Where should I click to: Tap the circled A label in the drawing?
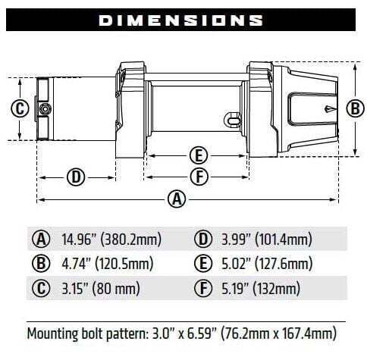[x=177, y=199]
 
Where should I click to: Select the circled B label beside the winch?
[x=353, y=108]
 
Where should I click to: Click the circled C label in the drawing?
[x=20, y=108]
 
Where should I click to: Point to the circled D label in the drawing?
[x=75, y=177]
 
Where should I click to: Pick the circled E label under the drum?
[x=197, y=155]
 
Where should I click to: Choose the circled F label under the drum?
[x=197, y=177]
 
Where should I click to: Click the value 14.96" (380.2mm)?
[x=111, y=240]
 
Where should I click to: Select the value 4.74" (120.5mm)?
[x=107, y=265]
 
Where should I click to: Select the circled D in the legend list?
[x=202, y=240]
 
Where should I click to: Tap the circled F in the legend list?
[x=202, y=289]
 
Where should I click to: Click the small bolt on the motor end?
[x=45, y=108]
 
